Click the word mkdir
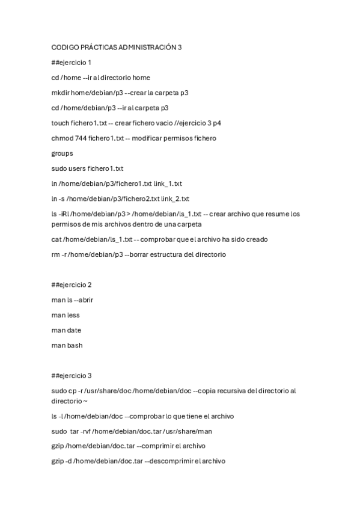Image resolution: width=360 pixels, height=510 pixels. pyautogui.click(x=60, y=93)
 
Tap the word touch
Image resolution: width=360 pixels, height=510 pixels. pyautogui.click(x=61, y=123)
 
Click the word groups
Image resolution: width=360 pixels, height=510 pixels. pyautogui.click(x=63, y=153)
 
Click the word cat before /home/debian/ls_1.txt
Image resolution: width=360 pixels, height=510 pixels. pyautogui.click(x=56, y=239)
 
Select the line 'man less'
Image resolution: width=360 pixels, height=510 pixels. pyautogui.click(x=66, y=315)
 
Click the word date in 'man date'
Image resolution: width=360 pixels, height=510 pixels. pyautogui.click(x=74, y=330)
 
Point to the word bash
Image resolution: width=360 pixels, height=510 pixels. pyautogui.click(x=75, y=345)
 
